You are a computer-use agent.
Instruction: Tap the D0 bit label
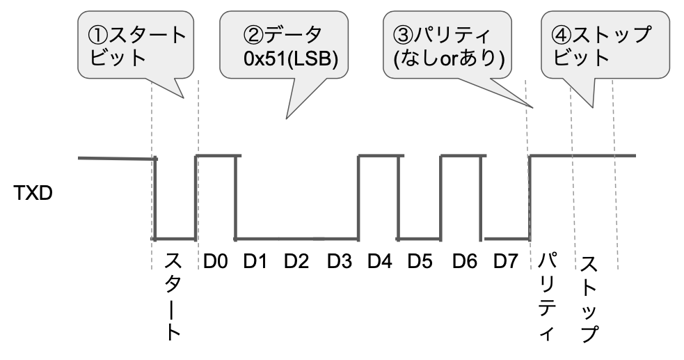click(217, 263)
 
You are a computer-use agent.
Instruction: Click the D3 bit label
click(340, 263)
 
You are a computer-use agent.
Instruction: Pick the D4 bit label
click(380, 263)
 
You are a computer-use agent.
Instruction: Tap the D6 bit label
click(464, 263)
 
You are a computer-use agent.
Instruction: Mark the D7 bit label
click(506, 263)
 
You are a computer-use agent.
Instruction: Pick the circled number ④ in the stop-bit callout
click(562, 34)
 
